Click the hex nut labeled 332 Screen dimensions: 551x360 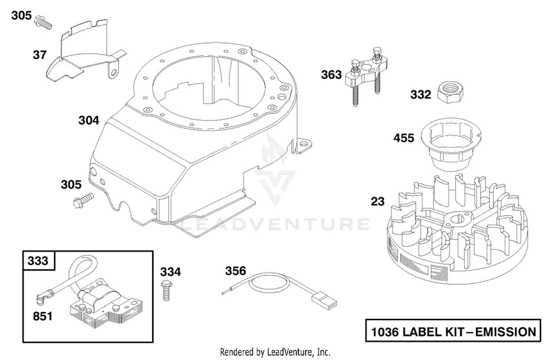point(450,93)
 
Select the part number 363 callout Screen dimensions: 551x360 point(331,75)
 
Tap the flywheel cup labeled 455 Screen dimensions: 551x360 point(451,144)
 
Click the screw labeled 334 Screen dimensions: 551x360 point(166,291)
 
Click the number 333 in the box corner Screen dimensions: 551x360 point(38,260)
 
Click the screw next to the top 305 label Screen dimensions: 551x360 point(43,23)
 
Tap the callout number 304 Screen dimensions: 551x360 point(89,120)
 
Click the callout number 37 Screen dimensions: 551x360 point(40,55)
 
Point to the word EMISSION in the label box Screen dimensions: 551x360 point(505,332)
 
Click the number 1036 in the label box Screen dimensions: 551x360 point(385,332)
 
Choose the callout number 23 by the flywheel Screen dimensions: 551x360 point(377,202)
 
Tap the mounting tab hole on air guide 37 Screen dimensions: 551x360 point(114,72)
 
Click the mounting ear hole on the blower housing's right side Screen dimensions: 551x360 point(304,143)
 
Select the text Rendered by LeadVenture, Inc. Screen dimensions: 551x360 point(275,352)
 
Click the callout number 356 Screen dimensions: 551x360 point(235,271)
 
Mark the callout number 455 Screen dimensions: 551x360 point(404,138)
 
